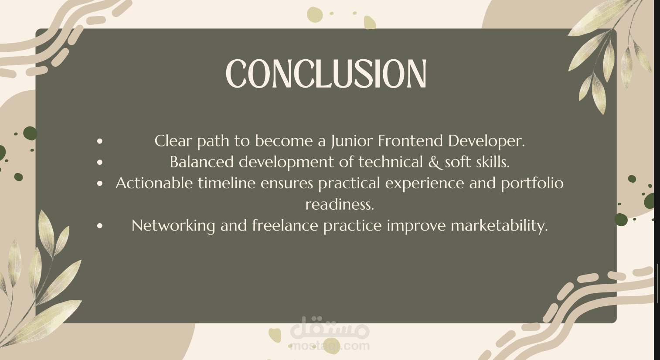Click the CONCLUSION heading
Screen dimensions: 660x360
(326, 73)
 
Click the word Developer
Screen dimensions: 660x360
(486, 141)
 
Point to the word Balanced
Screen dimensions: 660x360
(202, 162)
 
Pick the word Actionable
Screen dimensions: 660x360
(154, 183)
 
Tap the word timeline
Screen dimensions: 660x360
(226, 183)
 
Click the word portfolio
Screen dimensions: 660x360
(532, 183)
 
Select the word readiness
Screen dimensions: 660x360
(340, 204)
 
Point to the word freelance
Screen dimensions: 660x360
(285, 225)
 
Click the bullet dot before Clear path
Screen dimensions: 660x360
(100, 141)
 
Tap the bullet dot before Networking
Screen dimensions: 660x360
(100, 226)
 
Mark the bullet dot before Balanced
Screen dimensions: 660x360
(100, 162)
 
